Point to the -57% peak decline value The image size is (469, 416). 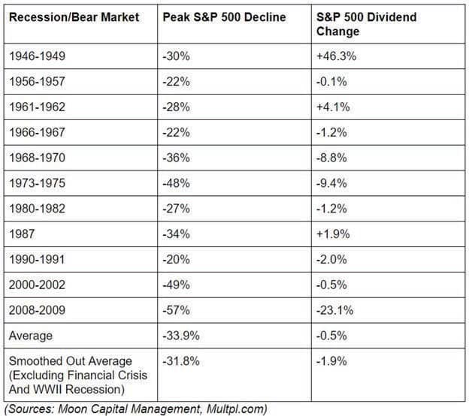176,309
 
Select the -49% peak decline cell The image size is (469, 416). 176,284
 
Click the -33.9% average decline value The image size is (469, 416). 180,335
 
